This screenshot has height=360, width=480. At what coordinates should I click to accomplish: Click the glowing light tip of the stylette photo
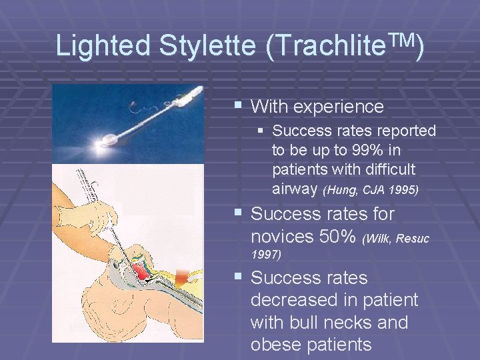tap(107, 141)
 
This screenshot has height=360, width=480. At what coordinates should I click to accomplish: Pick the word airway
tap(295, 189)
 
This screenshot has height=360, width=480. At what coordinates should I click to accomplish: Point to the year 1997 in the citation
tap(266, 253)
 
